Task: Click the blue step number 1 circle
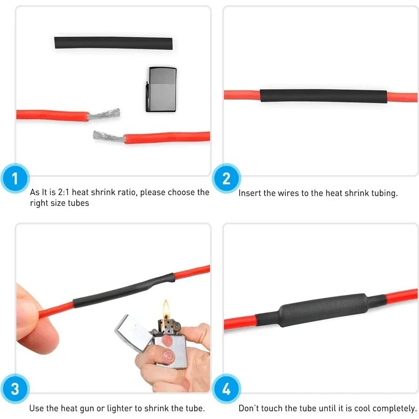coord(15,179)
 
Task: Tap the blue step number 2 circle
coord(226,179)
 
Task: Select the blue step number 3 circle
coord(15,389)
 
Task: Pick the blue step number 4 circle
coord(226,389)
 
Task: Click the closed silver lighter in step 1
coord(161,89)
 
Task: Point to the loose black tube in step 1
coord(113,43)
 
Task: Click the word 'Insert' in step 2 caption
coord(250,193)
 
